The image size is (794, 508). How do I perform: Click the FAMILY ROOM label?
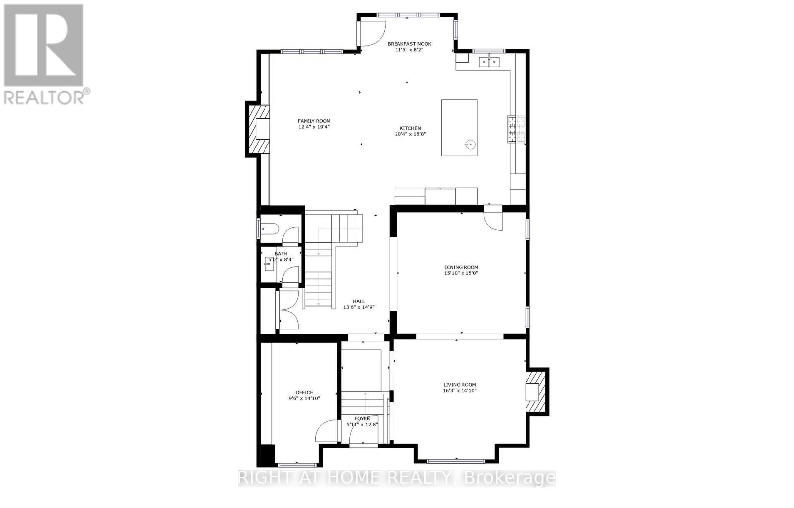click(x=314, y=121)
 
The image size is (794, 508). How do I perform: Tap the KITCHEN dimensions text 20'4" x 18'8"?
click(x=411, y=134)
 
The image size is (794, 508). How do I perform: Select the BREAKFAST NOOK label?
click(x=409, y=44)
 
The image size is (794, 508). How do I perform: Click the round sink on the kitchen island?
click(x=470, y=145)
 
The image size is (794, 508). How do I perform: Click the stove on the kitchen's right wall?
click(x=512, y=130)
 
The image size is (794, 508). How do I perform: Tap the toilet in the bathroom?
click(x=270, y=229)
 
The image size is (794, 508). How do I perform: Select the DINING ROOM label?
click(x=461, y=267)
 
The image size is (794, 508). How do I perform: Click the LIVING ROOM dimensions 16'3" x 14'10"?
click(x=460, y=391)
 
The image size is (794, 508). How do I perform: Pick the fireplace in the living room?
click(x=536, y=392)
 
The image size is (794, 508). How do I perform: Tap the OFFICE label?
click(x=304, y=392)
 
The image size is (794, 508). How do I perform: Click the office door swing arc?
click(x=325, y=430)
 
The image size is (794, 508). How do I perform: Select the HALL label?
click(x=359, y=301)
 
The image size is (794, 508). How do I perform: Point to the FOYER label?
click(x=362, y=418)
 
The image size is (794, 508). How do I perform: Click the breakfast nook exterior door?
click(x=370, y=34)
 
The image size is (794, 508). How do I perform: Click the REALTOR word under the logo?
click(x=44, y=97)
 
